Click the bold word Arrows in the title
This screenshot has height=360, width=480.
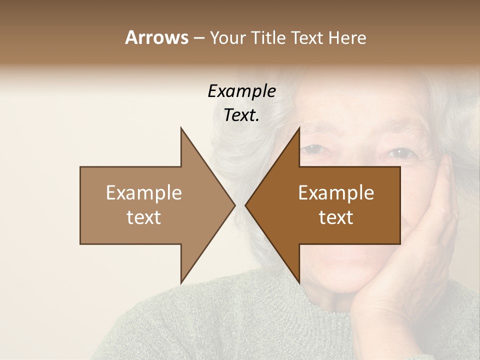click(x=156, y=37)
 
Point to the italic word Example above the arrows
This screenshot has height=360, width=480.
click(x=241, y=91)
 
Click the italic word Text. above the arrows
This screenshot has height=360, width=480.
click(x=241, y=115)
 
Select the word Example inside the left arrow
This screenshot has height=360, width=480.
click(x=144, y=192)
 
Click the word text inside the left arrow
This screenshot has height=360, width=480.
click(x=144, y=217)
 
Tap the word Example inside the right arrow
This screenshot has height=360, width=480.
click(x=336, y=192)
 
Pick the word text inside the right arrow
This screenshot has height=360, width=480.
click(x=336, y=217)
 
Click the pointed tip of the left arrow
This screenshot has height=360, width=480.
click(x=234, y=205)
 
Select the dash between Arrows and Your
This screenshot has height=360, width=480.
click(x=199, y=38)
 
